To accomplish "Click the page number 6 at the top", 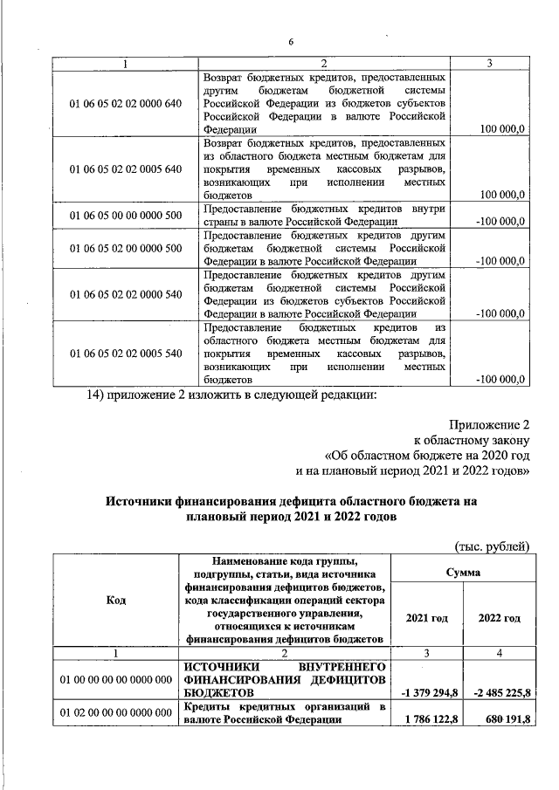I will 291,41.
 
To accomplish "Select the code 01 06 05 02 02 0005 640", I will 125,168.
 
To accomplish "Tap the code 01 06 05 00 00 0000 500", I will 125,216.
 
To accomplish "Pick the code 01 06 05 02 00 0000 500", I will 125,249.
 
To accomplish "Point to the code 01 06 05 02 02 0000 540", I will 125,294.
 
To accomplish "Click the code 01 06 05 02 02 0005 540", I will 125,354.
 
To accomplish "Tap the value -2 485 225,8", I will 496,693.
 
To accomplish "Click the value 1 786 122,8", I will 425,719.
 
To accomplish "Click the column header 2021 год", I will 425,618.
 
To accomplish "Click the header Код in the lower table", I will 115,600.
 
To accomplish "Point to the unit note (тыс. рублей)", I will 493,546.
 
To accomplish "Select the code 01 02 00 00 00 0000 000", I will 115,712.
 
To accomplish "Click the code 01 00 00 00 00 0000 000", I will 115,679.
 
